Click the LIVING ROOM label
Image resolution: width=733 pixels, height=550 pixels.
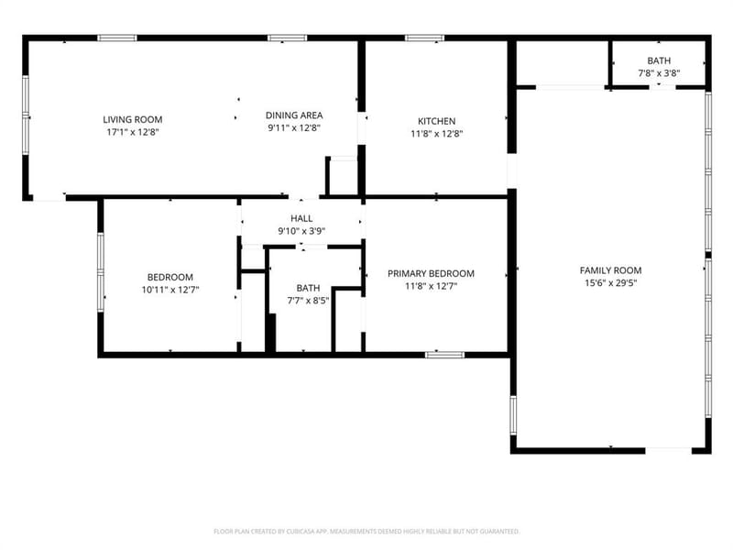(133, 119)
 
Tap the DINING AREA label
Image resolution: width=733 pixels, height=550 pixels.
(294, 115)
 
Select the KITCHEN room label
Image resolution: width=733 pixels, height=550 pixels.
(437, 121)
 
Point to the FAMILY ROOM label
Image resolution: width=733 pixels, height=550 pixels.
(610, 270)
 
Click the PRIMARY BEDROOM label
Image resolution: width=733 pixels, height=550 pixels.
(431, 273)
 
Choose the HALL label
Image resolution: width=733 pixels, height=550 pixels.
(301, 218)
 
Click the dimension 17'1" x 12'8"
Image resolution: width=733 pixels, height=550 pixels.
(133, 132)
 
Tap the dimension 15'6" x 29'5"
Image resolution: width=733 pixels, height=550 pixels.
(610, 283)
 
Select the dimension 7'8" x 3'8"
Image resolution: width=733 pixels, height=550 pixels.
(659, 73)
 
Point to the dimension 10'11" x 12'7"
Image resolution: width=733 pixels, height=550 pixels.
(170, 290)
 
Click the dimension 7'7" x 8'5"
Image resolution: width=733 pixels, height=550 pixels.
(308, 301)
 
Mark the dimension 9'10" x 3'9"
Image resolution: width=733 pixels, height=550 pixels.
(301, 231)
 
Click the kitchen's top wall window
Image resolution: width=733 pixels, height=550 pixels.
(424, 38)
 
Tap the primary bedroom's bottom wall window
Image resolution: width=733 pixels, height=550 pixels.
(445, 355)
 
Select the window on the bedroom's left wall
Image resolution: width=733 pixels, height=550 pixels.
(101, 272)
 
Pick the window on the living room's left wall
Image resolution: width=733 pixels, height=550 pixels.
(26, 115)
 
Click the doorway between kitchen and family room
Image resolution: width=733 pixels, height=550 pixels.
(512, 170)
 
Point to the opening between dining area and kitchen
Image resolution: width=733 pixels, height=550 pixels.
(361, 128)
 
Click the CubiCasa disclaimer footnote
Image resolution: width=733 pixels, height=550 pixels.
(366, 532)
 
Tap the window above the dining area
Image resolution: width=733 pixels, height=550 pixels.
(288, 38)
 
